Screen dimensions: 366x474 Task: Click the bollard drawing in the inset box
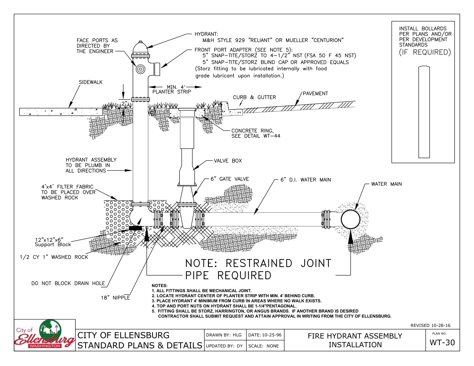tap(424, 112)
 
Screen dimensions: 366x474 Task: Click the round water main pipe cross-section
tap(350, 219)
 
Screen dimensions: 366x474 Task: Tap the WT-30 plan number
tap(442, 343)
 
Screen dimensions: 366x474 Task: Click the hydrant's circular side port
tap(140, 69)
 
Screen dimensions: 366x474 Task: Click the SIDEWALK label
tap(91, 82)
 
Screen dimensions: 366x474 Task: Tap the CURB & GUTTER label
tap(254, 97)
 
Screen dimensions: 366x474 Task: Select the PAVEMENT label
tap(315, 94)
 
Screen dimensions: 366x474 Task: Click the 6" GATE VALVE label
tap(230, 179)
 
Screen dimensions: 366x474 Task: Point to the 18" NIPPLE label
tap(115, 298)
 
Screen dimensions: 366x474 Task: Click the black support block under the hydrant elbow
tap(136, 228)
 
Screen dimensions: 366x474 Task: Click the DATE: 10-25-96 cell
tap(265, 335)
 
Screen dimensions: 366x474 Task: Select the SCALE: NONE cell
tap(263, 346)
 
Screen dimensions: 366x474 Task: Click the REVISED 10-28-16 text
tap(430, 325)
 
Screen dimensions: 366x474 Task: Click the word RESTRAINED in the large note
tap(259, 263)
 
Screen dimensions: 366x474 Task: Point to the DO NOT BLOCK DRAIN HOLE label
tap(68, 283)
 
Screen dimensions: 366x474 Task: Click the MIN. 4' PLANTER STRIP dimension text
tap(172, 89)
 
